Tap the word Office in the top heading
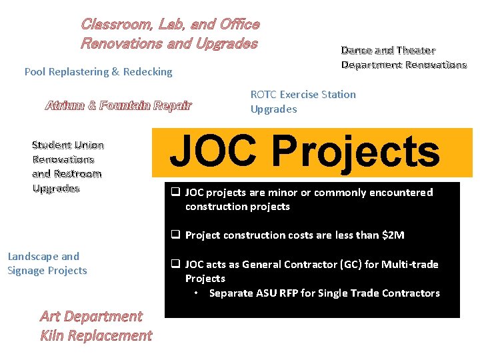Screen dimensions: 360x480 pyautogui.click(x=239, y=25)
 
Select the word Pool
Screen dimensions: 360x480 pyautogui.click(x=35, y=71)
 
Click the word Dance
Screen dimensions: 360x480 pyautogui.click(x=356, y=51)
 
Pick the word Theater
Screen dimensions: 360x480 pyautogui.click(x=415, y=51)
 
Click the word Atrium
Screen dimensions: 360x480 pyautogui.click(x=64, y=105)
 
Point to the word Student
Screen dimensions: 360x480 pyautogui.click(x=52, y=145)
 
